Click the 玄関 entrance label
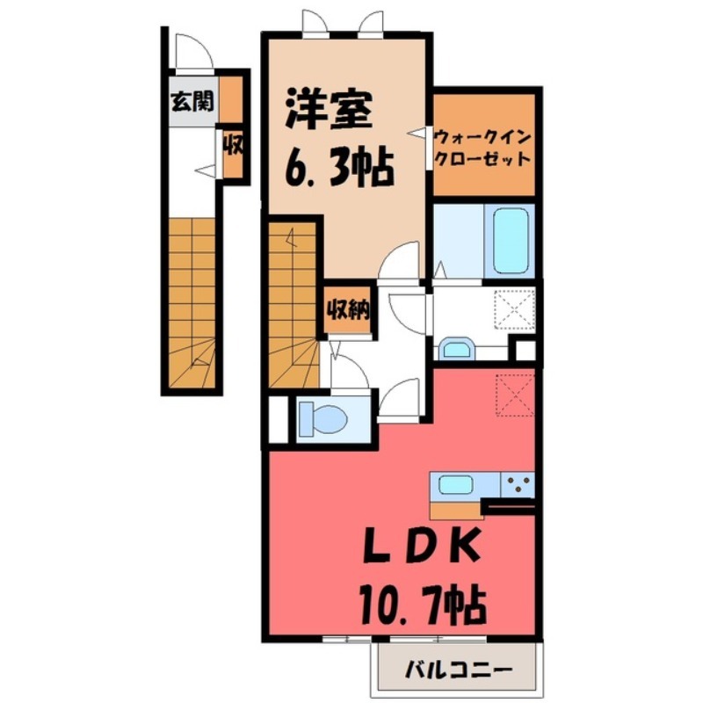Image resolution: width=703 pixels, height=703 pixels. click(x=192, y=103)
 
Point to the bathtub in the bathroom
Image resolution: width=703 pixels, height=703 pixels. click(x=511, y=240)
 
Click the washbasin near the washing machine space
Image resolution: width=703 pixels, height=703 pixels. click(x=455, y=350)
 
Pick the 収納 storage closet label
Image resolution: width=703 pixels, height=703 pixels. click(x=347, y=310)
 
